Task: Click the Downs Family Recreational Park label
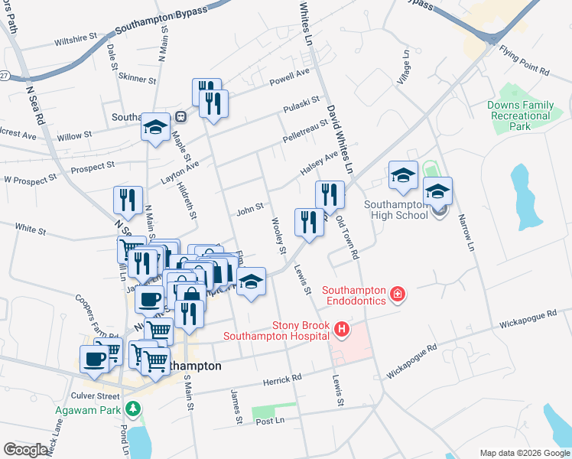coord(520,116)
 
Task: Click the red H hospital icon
coord(342,330)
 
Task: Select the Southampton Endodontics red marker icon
coord(397,294)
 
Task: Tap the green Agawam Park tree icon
coord(135,409)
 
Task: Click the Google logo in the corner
coord(26,450)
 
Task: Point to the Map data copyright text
coord(524,452)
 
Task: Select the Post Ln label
coord(270,422)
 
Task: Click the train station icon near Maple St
coord(181,117)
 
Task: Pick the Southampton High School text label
coord(395,210)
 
